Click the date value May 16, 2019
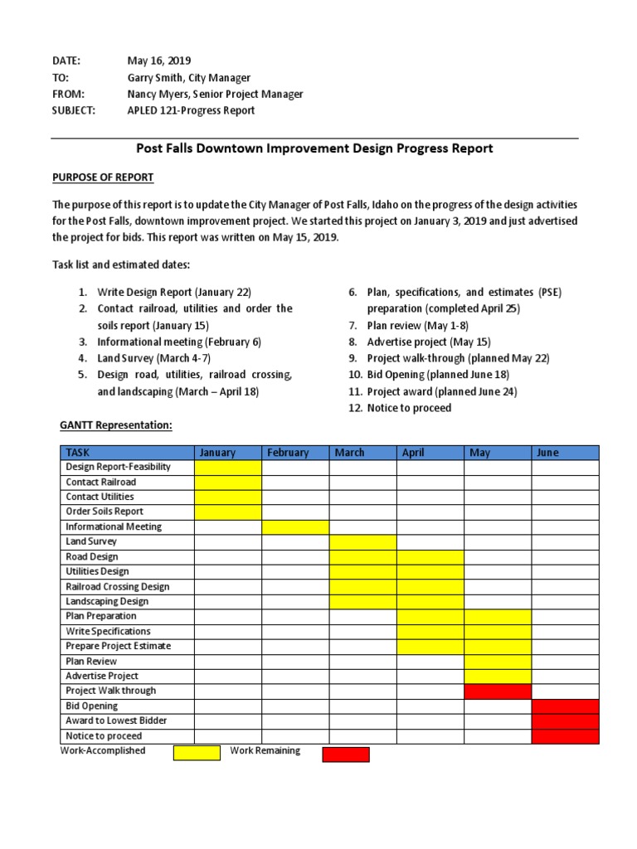158,61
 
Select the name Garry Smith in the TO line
157,77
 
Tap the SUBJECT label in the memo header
74,110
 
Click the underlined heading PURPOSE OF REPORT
103,177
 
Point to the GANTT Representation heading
115,425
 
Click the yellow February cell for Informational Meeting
295,526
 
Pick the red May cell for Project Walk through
498,691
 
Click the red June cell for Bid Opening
565,706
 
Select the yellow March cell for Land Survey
362,541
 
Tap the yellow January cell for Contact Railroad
228,482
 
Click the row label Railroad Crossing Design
118,586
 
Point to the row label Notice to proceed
104,735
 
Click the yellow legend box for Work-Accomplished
197,753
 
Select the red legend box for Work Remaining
346,754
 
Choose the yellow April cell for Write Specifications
430,631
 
